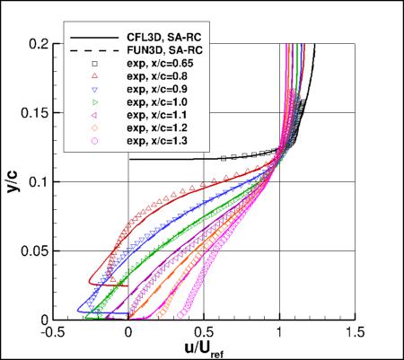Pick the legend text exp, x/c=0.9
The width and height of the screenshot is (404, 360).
[158, 91]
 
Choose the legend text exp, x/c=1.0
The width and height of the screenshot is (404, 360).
[158, 103]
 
